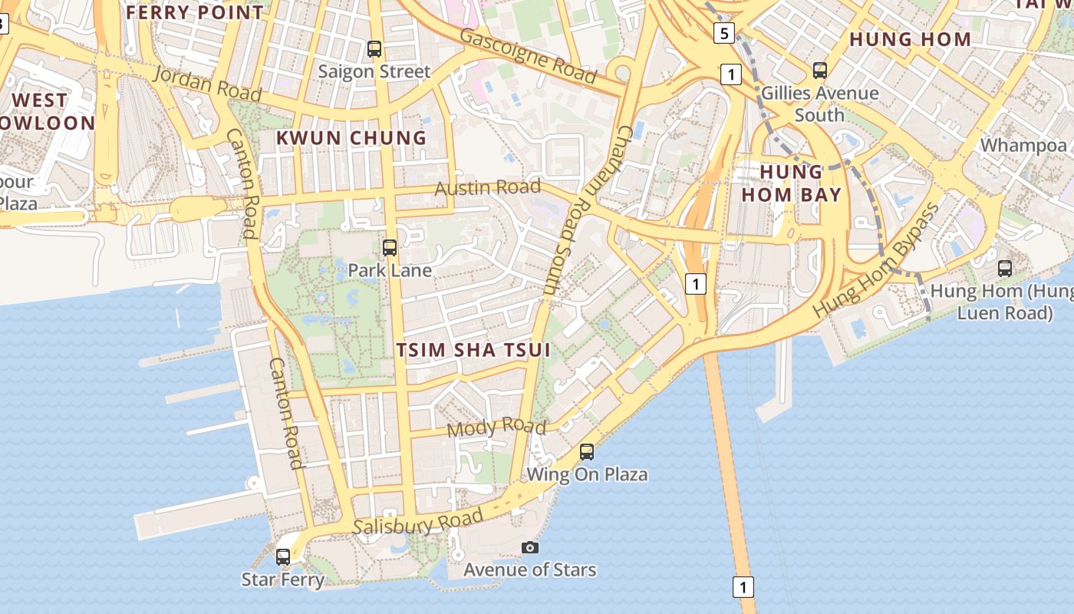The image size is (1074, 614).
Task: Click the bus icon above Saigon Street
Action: (x=374, y=49)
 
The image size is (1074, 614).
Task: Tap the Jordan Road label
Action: (x=207, y=83)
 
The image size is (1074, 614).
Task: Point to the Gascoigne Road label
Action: (x=528, y=56)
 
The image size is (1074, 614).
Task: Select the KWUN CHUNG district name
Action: (x=351, y=138)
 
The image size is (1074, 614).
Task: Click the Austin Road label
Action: (x=487, y=187)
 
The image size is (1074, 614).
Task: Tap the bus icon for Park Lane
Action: (x=390, y=248)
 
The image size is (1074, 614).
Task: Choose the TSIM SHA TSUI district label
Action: (x=473, y=350)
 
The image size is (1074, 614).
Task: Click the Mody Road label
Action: (x=496, y=427)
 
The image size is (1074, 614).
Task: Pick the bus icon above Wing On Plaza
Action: (x=587, y=452)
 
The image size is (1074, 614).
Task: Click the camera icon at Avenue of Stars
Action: (x=529, y=547)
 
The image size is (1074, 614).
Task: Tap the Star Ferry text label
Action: (x=283, y=579)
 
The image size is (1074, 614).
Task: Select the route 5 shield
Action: (x=724, y=33)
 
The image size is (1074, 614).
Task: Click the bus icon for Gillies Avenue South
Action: (x=820, y=71)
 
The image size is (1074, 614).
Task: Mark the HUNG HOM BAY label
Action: (x=791, y=183)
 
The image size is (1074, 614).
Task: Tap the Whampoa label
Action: (x=1023, y=145)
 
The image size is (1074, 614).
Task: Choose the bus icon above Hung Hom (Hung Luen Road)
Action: (x=1005, y=268)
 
